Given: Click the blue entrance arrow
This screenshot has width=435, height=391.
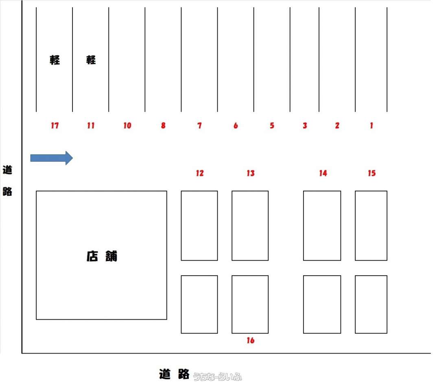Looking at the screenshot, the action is click(52, 158).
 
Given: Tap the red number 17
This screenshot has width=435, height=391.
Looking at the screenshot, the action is click(55, 125).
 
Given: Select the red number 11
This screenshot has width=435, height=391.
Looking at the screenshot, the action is click(91, 125).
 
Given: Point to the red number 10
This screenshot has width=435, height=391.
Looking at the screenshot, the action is click(127, 125).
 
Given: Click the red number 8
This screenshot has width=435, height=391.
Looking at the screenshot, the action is click(164, 125).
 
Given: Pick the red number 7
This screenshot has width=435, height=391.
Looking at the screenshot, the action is click(199, 125).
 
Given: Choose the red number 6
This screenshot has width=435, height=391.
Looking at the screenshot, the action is click(236, 125).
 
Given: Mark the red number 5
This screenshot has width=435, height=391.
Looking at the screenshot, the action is click(272, 125).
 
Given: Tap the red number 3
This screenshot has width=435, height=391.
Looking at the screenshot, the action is click(305, 125).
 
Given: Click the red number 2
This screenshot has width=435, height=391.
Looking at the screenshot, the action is click(337, 125).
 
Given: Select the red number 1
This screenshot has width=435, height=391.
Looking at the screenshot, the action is click(372, 125).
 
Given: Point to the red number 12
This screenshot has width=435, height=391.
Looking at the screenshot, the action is click(200, 173).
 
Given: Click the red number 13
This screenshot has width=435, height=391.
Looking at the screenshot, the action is click(251, 173).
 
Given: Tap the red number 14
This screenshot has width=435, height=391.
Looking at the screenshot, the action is click(323, 173).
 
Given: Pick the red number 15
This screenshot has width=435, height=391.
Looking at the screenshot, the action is click(372, 173).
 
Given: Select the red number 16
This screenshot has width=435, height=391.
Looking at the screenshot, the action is click(251, 340).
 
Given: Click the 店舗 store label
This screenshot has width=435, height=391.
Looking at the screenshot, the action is click(102, 256).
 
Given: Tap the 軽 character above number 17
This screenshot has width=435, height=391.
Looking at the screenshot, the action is click(55, 60).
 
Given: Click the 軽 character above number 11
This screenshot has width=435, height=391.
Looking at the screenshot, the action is click(91, 60).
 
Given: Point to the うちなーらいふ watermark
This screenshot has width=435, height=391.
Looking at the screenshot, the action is click(217, 377).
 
